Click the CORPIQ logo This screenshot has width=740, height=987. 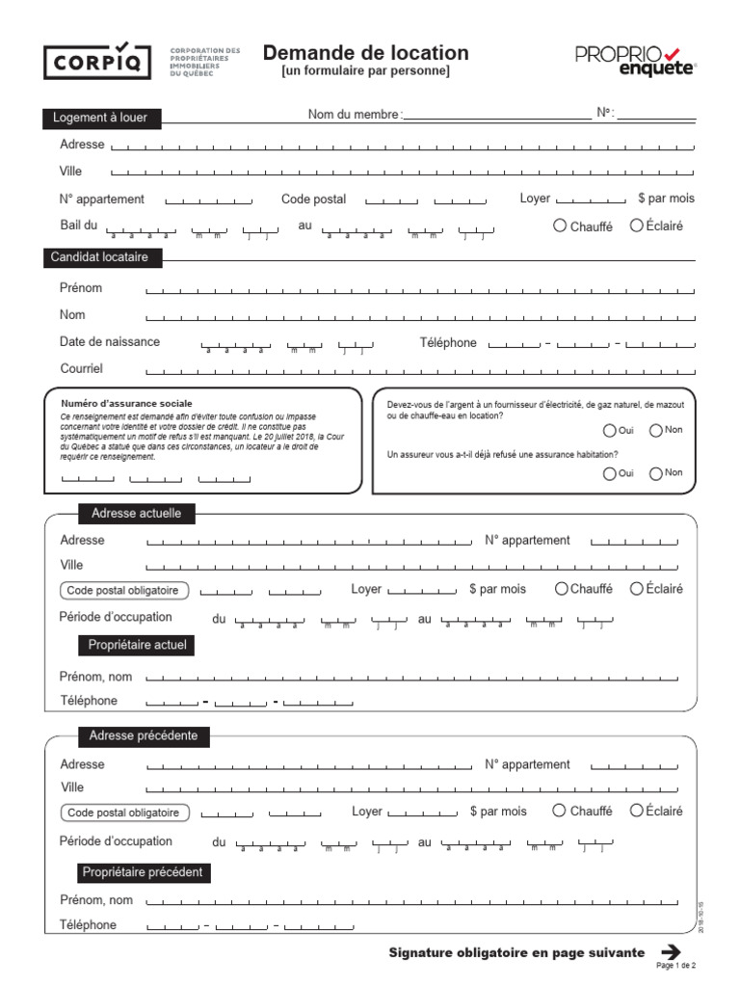coord(97,61)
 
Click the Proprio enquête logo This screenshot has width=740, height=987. coord(635,61)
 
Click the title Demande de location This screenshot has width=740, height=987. coord(365,54)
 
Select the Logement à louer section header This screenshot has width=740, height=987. coord(100,119)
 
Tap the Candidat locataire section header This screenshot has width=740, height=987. coord(101,257)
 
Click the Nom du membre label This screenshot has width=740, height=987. coord(353,115)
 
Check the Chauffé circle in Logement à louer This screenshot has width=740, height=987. coord(560,226)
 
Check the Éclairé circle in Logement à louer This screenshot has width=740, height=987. coord(636,226)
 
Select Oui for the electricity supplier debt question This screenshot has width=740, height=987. coord(609,431)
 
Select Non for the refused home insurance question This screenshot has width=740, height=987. coord(656,473)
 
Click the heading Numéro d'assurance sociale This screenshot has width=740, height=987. coord(126,403)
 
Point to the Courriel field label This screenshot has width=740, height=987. coord(81,368)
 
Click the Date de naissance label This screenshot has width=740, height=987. coord(110,341)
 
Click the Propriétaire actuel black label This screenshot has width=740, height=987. coord(136,645)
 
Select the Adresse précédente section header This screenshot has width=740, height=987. coord(143,736)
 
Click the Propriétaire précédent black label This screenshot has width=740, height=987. coord(143,872)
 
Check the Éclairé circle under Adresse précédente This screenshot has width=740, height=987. coord(636,811)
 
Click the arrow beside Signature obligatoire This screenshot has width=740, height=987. coord(671,952)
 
